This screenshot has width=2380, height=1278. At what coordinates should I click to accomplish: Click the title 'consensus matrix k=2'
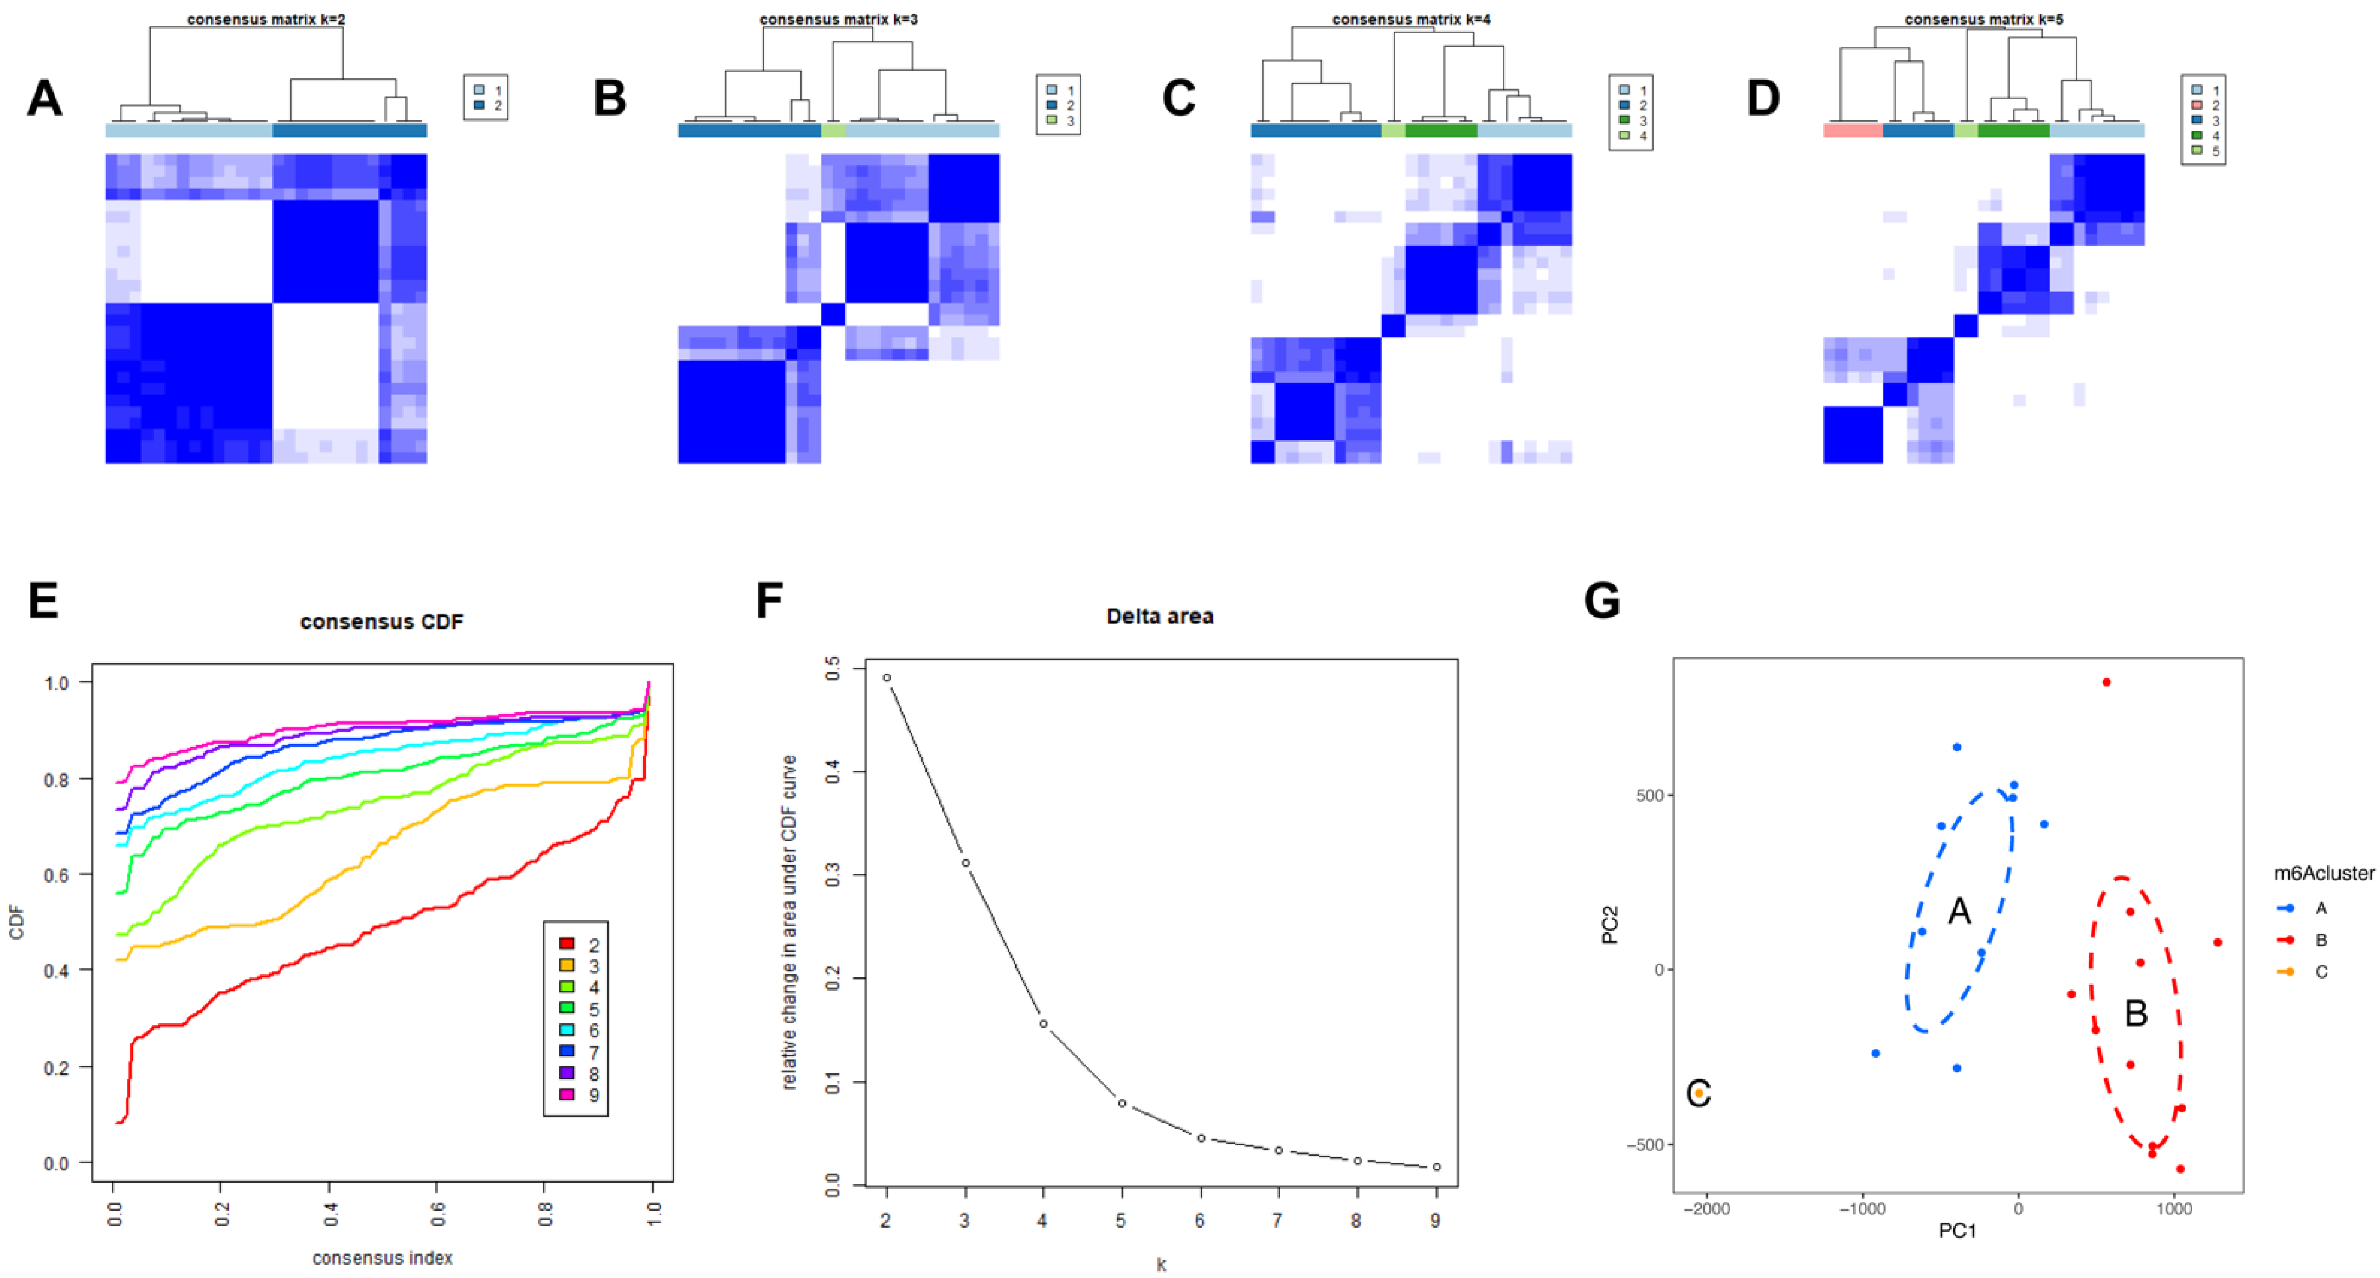(x=266, y=19)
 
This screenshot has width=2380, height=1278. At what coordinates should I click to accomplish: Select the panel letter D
(x=1763, y=98)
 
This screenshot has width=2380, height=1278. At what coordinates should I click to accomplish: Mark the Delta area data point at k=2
(x=887, y=677)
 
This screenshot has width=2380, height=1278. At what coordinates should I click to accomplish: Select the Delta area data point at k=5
(x=1122, y=1104)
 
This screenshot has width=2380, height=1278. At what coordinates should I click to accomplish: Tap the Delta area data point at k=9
(x=1436, y=1167)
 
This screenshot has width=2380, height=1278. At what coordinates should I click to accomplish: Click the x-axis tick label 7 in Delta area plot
(x=1278, y=1221)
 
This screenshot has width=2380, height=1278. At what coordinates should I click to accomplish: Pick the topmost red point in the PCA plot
(x=2106, y=682)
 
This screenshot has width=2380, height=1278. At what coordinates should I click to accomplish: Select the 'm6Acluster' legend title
(x=2324, y=873)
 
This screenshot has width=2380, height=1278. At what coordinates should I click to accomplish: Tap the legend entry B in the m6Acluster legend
(x=2320, y=940)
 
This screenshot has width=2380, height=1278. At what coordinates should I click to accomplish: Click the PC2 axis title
(x=1610, y=925)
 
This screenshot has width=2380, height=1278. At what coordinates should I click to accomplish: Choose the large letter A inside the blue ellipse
(x=1959, y=911)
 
